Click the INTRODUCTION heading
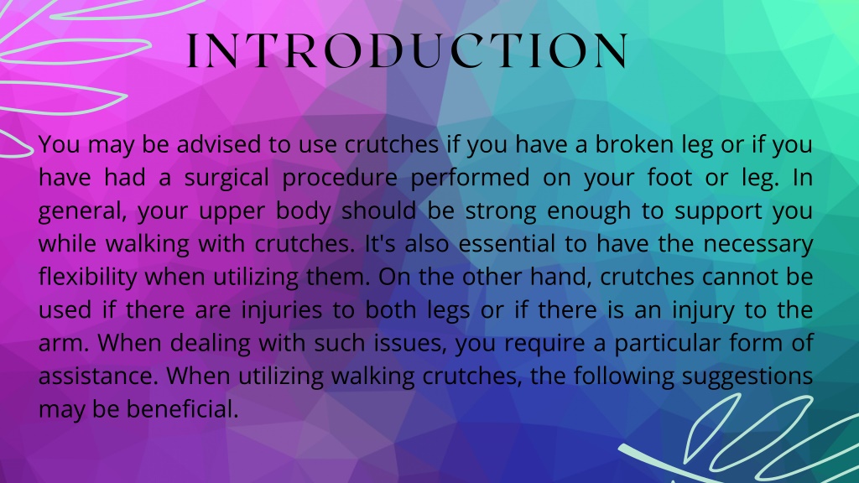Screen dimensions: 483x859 click(x=407, y=52)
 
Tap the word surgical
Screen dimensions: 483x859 click(x=224, y=178)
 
